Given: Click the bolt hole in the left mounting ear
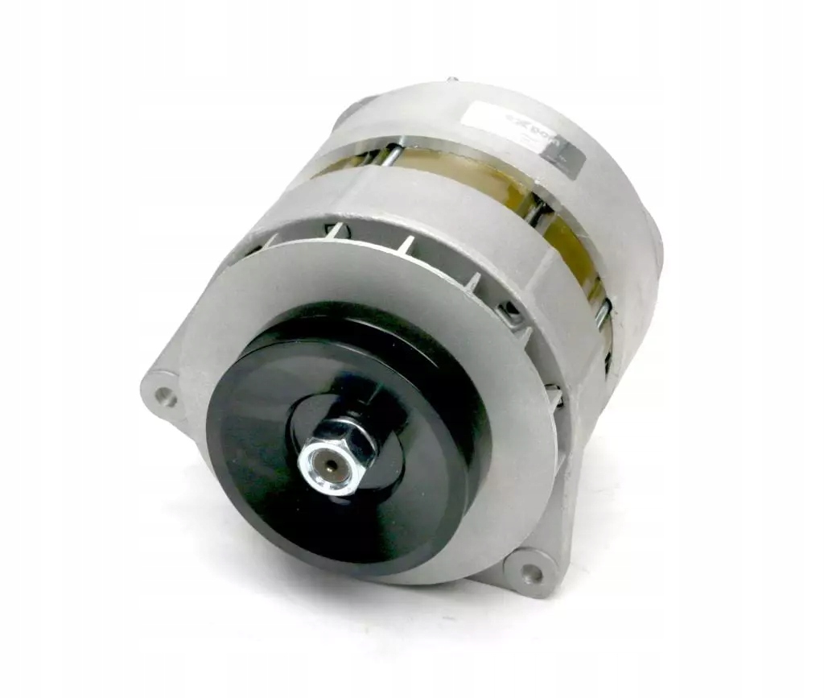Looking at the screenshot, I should tap(165, 395).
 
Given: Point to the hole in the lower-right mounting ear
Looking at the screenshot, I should tap(531, 572).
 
